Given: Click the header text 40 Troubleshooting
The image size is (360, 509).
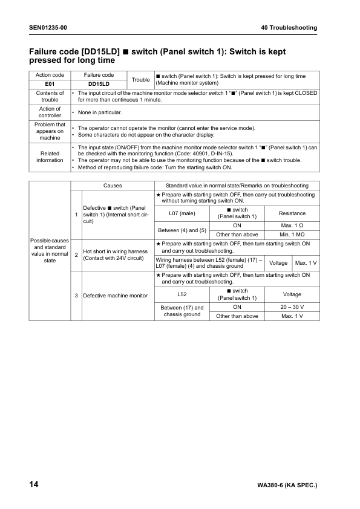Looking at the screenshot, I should (x=289, y=28).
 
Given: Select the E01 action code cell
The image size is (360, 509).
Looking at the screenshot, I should (x=50, y=84).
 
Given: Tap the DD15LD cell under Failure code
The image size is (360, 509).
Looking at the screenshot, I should (x=99, y=84).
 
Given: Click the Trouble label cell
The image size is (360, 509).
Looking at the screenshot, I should (x=140, y=80).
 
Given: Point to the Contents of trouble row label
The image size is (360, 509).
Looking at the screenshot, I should (x=50, y=97).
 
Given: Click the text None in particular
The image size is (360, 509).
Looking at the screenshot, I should (x=100, y=112).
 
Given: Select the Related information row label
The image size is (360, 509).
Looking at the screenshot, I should (x=50, y=156).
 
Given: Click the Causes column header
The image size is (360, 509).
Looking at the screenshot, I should (x=113, y=185).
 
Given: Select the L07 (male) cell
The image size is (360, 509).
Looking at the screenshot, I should (x=182, y=213).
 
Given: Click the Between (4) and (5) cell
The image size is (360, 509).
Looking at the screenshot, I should (x=182, y=230).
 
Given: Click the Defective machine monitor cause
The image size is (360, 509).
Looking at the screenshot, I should (x=115, y=296).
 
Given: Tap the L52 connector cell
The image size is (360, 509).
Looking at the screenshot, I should (x=182, y=295).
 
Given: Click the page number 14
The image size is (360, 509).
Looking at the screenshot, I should (x=34, y=485).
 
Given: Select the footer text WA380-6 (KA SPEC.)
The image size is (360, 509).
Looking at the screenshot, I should (x=287, y=485).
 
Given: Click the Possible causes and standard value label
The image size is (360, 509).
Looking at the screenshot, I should (x=50, y=250).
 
